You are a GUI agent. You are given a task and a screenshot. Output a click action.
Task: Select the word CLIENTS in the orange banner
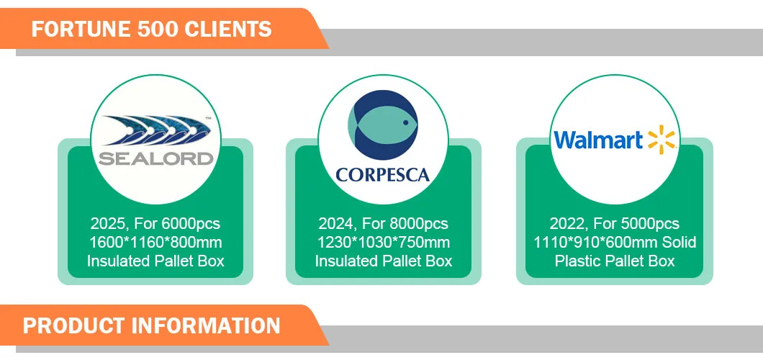(230, 30)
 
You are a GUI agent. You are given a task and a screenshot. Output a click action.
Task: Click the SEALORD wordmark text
(155, 158)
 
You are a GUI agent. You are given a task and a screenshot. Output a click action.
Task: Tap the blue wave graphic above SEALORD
(155, 130)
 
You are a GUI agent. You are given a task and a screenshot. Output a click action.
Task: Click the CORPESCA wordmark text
(382, 175)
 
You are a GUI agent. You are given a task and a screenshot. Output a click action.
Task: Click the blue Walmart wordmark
(598, 140)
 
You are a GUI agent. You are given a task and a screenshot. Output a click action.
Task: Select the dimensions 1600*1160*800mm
(155, 242)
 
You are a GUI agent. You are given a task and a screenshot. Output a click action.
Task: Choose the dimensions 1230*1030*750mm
(384, 242)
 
